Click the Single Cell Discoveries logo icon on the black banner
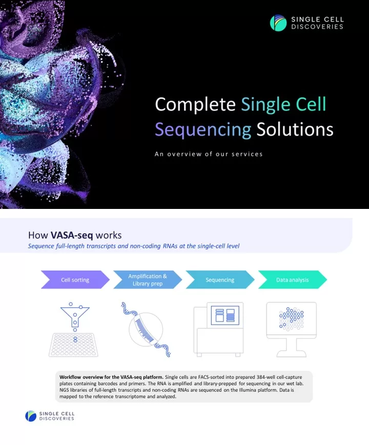tap(278, 23)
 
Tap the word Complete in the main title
tap(195, 104)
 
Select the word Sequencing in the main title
tap(203, 130)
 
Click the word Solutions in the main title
tap(295, 130)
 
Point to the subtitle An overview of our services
tap(209, 154)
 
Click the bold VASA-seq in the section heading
tap(72, 235)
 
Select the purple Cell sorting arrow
tap(75, 280)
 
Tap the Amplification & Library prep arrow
tap(148, 280)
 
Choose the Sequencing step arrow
tap(220, 280)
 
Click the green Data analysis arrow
tap(292, 280)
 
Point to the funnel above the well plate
tap(75, 315)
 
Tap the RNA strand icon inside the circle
tap(146, 329)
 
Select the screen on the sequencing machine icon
tap(225, 315)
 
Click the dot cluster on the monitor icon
tap(291, 319)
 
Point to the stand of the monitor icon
tap(292, 348)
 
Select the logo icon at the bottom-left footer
tap(31, 416)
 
